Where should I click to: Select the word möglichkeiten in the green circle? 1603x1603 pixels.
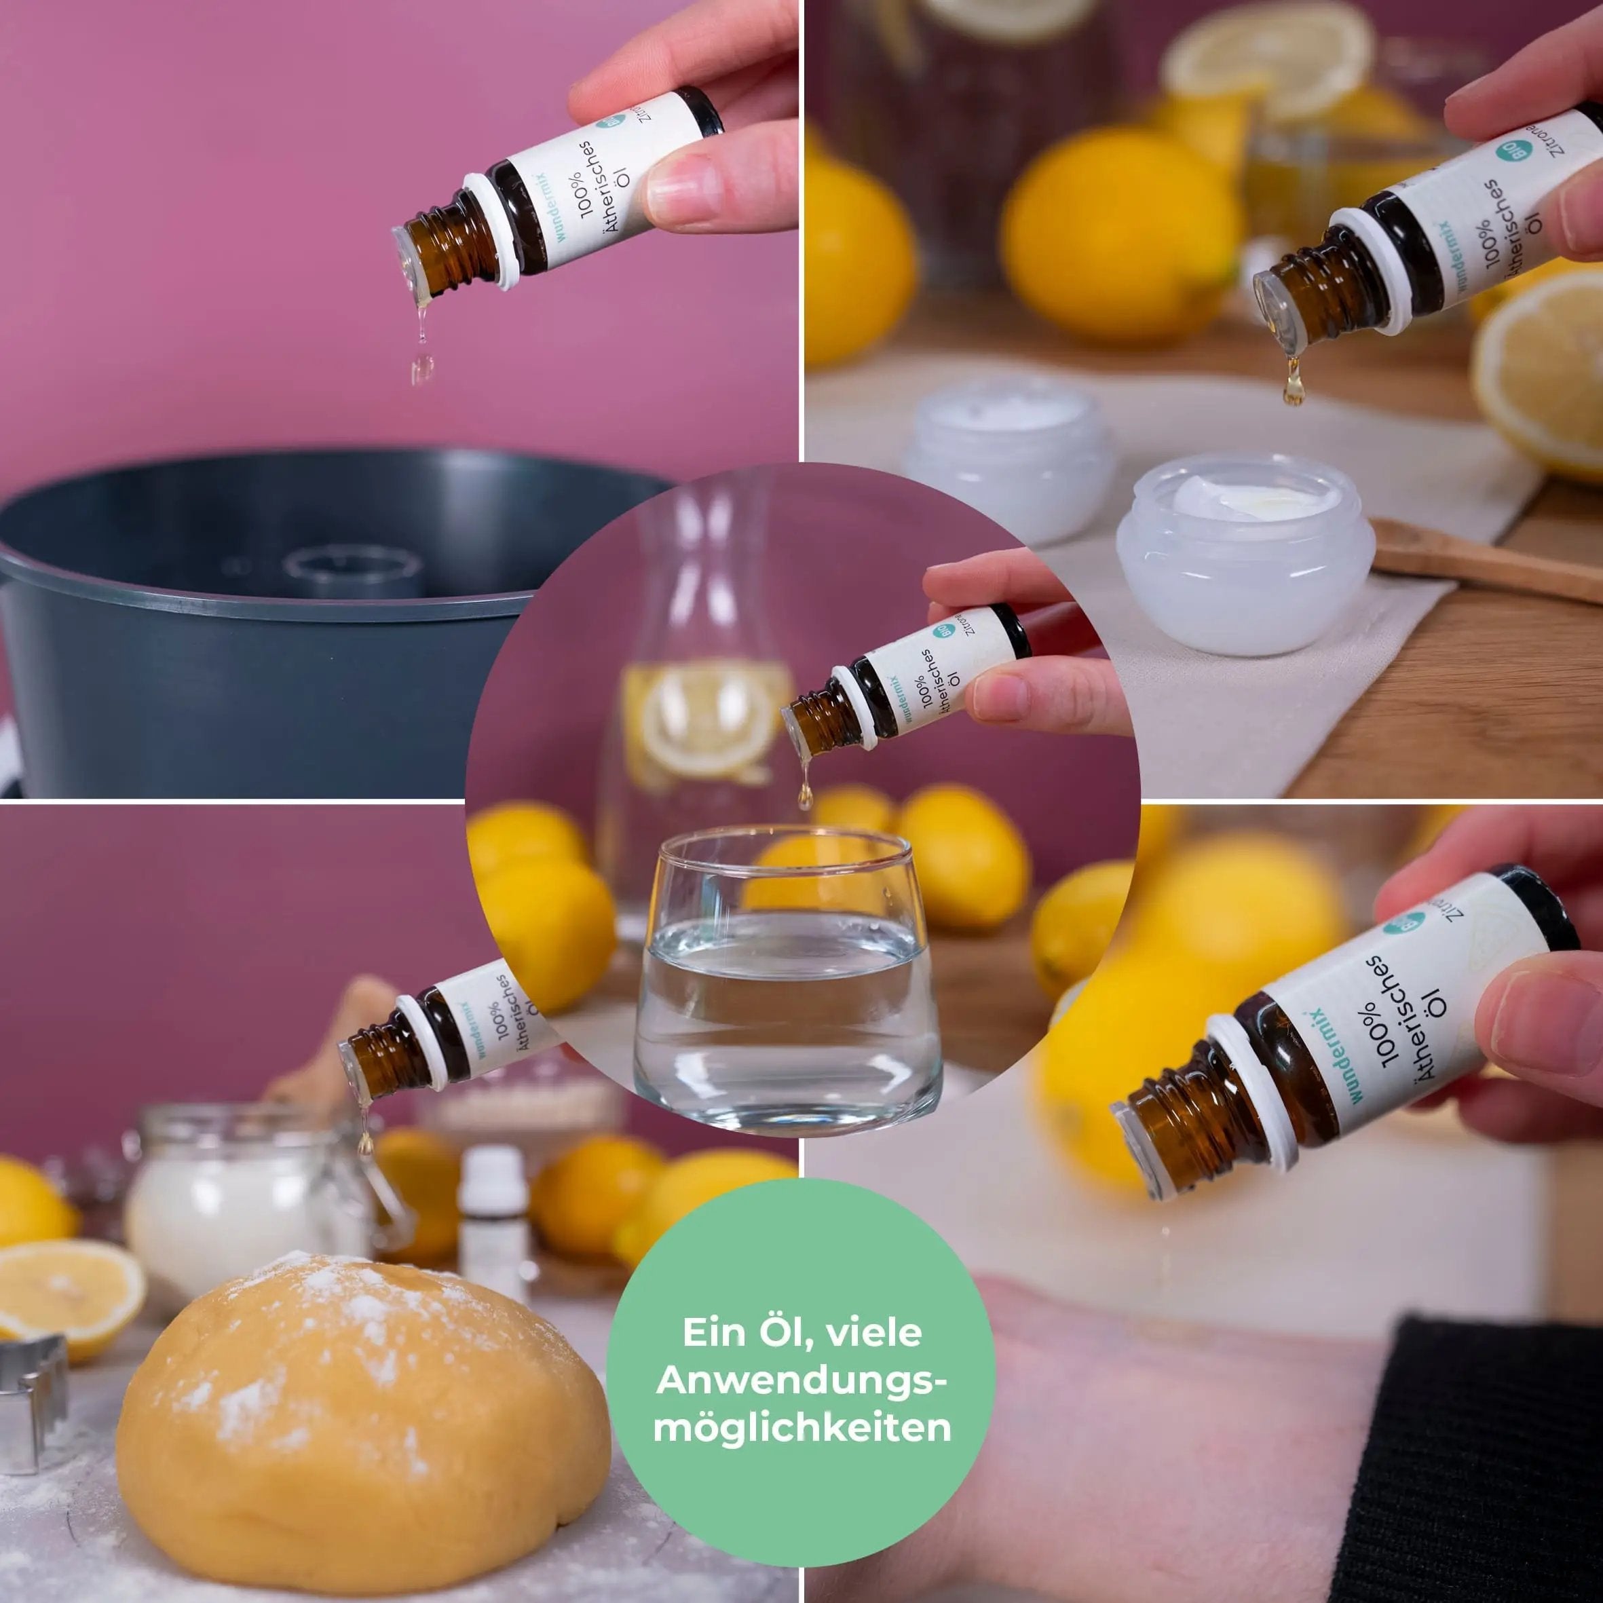pos(801,1428)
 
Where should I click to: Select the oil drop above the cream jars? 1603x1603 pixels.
pos(1293,390)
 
